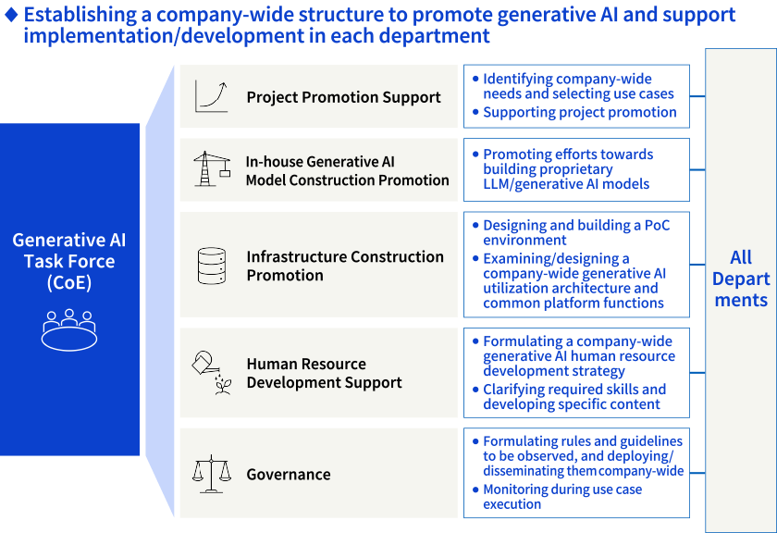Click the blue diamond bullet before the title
point(11,15)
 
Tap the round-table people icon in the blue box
point(68,329)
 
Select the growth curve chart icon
point(212,96)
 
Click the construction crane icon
point(212,169)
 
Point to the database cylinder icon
point(212,266)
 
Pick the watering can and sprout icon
point(212,373)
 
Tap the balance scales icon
point(212,474)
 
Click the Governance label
point(289,475)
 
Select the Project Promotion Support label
point(343,97)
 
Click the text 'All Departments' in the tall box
point(741,279)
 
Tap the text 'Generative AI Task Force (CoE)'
point(69,261)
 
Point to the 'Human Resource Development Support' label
point(324,373)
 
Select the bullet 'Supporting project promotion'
point(580,113)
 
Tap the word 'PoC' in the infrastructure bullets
point(657,225)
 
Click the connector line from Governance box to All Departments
point(697,473)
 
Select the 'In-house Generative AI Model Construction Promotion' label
point(348,171)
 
